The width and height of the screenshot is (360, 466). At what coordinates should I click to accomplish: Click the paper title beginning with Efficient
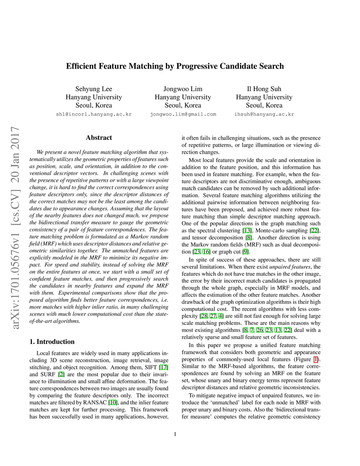click(175, 66)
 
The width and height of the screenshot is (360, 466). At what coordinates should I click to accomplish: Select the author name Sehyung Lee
click(94, 89)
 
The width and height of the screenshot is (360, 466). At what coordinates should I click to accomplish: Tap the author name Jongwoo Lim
click(183, 89)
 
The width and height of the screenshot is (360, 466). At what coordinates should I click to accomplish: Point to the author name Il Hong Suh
click(264, 89)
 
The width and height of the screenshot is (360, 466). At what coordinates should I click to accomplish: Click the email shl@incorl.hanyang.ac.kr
click(94, 114)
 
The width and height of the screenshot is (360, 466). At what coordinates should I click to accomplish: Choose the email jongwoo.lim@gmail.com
click(183, 114)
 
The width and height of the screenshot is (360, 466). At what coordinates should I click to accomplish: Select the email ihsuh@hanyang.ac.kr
click(264, 114)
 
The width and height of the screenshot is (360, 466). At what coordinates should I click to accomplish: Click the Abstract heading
click(99, 138)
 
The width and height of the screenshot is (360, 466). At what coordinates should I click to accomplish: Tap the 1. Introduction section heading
click(52, 341)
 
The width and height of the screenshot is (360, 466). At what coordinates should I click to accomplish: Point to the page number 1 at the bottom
click(175, 434)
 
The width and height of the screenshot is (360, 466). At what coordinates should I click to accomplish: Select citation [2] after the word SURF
click(61, 374)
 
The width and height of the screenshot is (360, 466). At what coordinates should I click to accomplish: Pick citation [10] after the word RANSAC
click(113, 402)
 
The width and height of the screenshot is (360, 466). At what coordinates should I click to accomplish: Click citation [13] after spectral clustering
click(247, 230)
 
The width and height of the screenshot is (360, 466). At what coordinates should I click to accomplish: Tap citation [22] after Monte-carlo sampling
click(315, 230)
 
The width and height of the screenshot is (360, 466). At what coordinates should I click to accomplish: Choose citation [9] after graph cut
click(245, 251)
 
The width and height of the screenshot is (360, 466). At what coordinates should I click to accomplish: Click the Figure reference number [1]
click(316, 359)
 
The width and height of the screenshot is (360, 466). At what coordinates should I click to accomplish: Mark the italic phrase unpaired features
click(290, 267)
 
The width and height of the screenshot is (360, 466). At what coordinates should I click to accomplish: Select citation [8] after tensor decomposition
click(248, 237)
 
